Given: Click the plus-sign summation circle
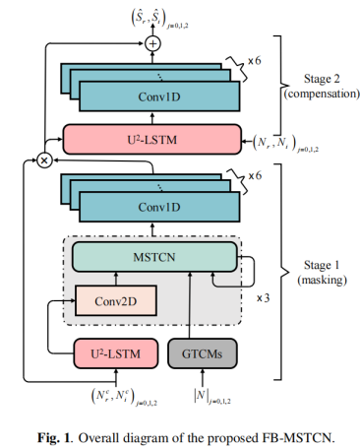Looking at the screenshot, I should [152, 43].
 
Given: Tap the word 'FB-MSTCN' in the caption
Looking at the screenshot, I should [283, 430].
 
